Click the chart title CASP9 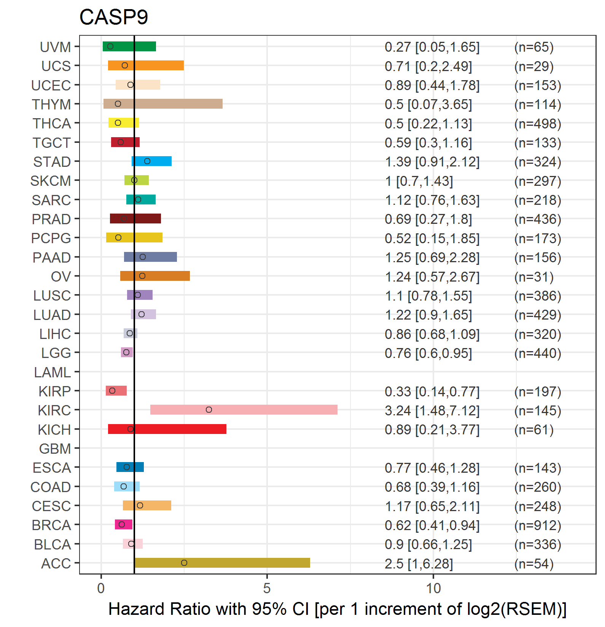coord(113,17)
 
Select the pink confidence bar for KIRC coord(244,410)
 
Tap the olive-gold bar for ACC coord(222,563)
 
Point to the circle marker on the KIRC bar coord(209,410)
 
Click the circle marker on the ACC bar coord(184,563)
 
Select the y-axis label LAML coord(52,372)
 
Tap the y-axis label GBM coord(55,449)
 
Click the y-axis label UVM coord(55,47)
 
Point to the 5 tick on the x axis coord(267,588)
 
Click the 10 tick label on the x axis coord(433,588)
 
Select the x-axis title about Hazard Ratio coord(337,609)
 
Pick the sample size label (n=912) coord(538,525)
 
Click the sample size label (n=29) coord(534,66)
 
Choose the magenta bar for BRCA coord(124,524)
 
